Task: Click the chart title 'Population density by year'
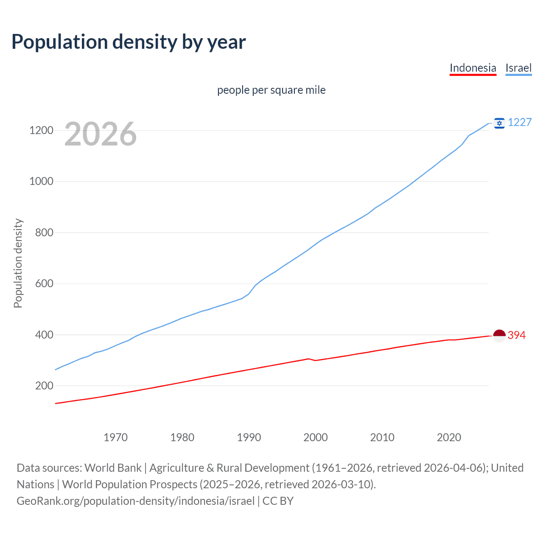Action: [x=129, y=42]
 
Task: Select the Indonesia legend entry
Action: [x=473, y=68]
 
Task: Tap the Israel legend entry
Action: [x=518, y=68]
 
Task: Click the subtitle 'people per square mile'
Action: [x=271, y=90]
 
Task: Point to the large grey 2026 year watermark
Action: [x=101, y=134]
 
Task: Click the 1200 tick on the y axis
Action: [x=41, y=131]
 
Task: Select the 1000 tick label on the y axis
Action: [x=41, y=182]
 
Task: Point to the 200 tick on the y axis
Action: [x=44, y=386]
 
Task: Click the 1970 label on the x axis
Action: [x=115, y=437]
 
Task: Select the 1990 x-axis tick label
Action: [x=249, y=437]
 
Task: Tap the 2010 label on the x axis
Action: [x=382, y=437]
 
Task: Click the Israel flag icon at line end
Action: [x=499, y=123]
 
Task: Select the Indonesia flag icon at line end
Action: [x=499, y=336]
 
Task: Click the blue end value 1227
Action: [x=520, y=123]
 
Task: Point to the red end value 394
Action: [x=517, y=336]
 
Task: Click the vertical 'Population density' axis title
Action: [x=18, y=263]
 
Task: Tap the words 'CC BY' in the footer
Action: [x=278, y=501]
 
